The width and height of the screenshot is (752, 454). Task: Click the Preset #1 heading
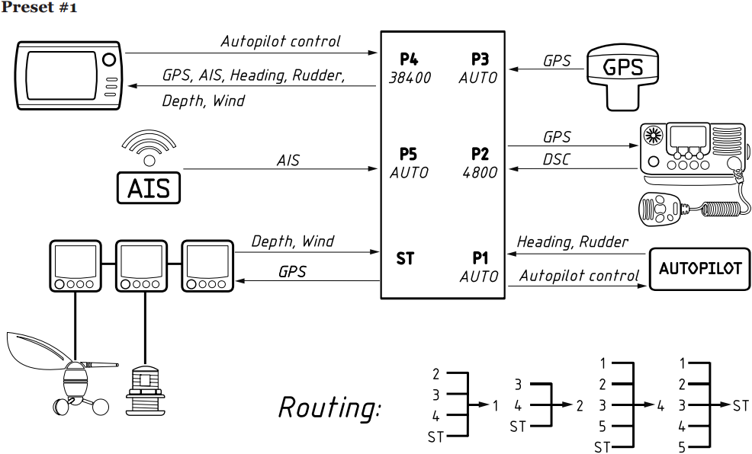pos(38,7)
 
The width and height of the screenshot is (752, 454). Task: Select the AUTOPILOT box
pos(699,269)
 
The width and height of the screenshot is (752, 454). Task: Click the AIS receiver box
pos(149,187)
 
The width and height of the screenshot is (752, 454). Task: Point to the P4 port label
pos(409,59)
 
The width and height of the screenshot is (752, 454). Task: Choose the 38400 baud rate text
pos(410,78)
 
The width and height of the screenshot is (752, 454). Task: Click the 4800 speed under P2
pos(480,172)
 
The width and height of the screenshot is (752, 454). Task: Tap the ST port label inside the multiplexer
pos(405,258)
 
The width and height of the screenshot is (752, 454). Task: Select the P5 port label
pos(408,154)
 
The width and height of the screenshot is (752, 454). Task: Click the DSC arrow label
pos(556,159)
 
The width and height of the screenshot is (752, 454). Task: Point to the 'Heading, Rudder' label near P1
pos(572,241)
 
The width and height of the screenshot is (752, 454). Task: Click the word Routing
pos(330,408)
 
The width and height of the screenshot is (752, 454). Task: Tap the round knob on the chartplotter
pos(109,59)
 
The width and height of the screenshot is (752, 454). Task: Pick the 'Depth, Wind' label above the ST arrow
pos(293,241)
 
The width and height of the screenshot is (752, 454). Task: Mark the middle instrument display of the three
pos(142,266)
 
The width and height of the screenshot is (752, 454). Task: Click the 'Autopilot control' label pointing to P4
pos(281,41)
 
